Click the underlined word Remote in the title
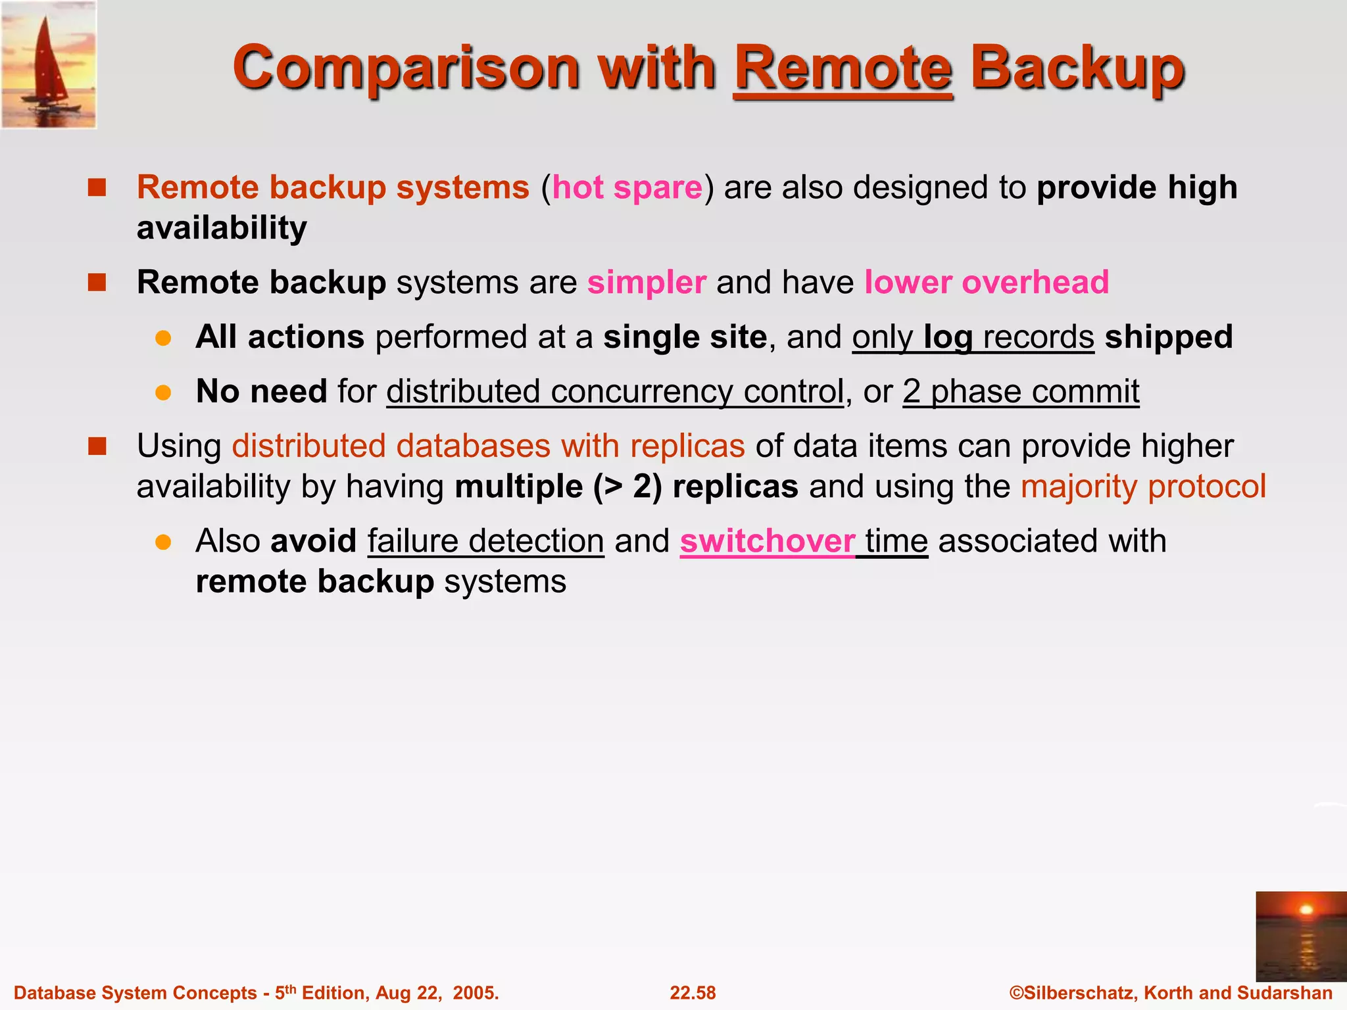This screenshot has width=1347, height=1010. coord(843,68)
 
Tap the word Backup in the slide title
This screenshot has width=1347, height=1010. coord(1077,68)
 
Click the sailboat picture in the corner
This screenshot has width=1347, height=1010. coord(49,64)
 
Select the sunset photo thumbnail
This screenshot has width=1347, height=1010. coord(1300,936)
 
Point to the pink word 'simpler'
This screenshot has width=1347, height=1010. coord(647,283)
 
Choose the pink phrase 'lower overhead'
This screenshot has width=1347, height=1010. coord(986,283)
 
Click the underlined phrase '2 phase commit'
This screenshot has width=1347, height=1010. coord(1021,392)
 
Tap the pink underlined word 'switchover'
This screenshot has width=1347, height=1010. coord(767,541)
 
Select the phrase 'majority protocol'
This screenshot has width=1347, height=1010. coord(1143,487)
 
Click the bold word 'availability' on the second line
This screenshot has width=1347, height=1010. coord(222,228)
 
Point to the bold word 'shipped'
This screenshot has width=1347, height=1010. coord(1169,337)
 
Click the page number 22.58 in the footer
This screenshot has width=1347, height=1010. coord(693,993)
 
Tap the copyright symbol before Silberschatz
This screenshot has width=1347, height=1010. coord(1016,993)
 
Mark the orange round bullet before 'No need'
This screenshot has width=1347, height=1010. coord(163,393)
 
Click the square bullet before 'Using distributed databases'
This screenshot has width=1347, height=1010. coord(97,446)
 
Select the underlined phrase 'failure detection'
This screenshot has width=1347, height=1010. coord(485,541)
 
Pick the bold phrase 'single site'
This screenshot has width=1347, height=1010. coord(685,337)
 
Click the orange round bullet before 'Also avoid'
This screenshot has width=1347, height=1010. coord(163,542)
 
